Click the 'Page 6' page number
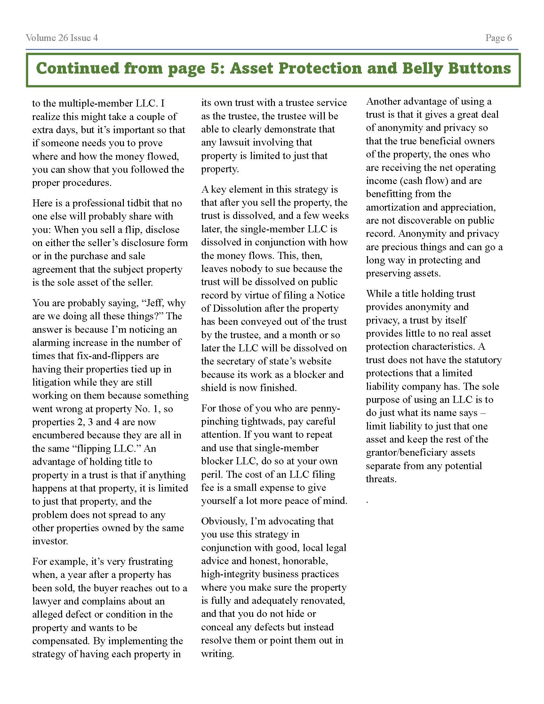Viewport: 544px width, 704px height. click(x=498, y=38)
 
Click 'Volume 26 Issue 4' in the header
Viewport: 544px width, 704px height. click(x=62, y=38)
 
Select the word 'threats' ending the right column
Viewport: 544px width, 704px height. click(x=380, y=479)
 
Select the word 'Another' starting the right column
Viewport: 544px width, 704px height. click(x=383, y=101)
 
